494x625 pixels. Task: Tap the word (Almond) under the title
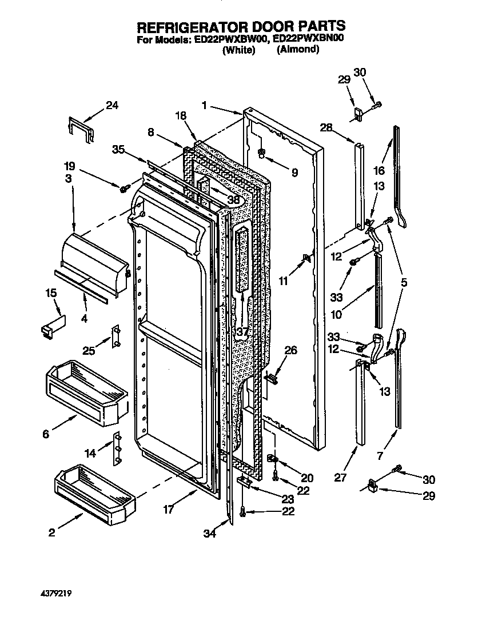pyautogui.click(x=298, y=50)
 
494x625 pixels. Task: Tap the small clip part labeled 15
pyautogui.click(x=54, y=324)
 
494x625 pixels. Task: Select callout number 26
pyautogui.click(x=291, y=351)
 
